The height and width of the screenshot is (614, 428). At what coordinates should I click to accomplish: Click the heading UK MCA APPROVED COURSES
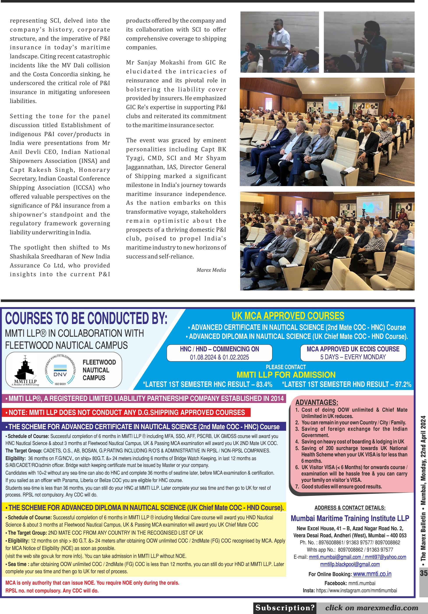[x=288, y=316]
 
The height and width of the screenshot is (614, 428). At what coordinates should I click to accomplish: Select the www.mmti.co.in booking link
[x=372, y=574]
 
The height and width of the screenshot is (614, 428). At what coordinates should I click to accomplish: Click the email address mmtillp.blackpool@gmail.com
[x=350, y=564]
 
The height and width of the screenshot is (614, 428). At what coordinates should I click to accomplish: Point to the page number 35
[x=423, y=573]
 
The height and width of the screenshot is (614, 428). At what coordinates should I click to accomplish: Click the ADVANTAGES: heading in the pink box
[x=317, y=402]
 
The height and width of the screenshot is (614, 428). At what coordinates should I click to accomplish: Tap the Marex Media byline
[x=211, y=270]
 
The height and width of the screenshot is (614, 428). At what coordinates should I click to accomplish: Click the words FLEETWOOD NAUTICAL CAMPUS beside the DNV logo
[x=99, y=370]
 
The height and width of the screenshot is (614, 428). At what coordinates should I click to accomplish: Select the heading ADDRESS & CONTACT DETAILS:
[x=350, y=507]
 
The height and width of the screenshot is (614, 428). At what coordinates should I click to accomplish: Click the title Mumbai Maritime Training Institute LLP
[x=350, y=518]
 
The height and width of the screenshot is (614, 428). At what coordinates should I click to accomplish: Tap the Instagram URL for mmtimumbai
[x=356, y=590]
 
